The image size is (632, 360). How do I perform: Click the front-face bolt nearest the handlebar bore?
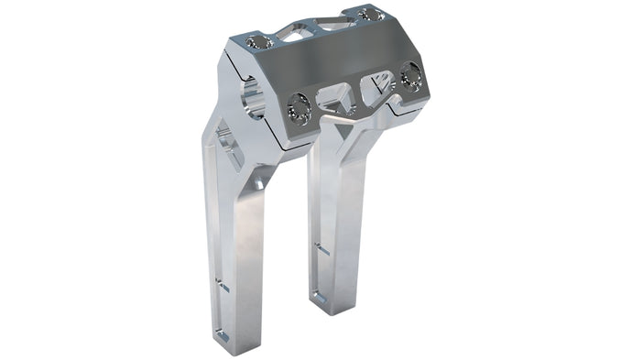coord(300,109)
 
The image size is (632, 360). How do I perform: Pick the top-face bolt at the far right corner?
coord(369,15)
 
